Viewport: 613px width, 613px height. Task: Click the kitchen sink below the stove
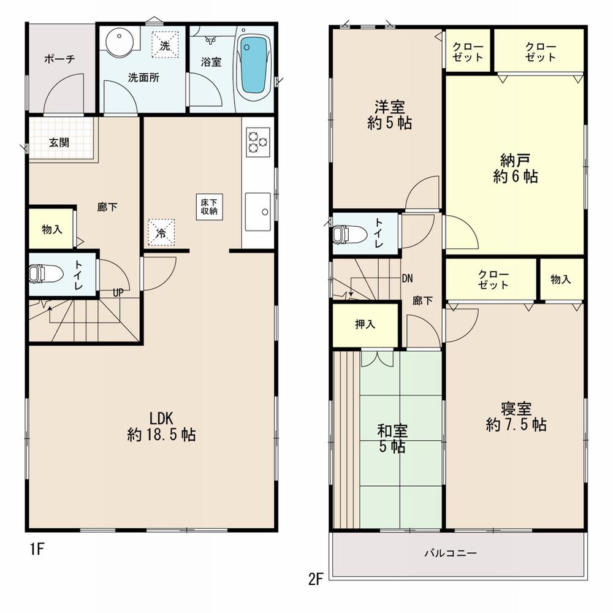click(257, 211)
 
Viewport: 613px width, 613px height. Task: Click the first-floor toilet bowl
click(44, 273)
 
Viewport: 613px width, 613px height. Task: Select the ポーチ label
click(59, 59)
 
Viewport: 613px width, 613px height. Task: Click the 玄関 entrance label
click(59, 143)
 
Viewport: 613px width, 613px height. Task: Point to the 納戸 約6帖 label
click(515, 169)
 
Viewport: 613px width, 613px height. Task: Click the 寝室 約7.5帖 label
click(516, 416)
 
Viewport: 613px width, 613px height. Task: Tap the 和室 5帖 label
click(390, 439)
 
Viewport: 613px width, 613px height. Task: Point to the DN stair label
click(407, 278)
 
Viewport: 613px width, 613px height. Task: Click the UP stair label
click(118, 292)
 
